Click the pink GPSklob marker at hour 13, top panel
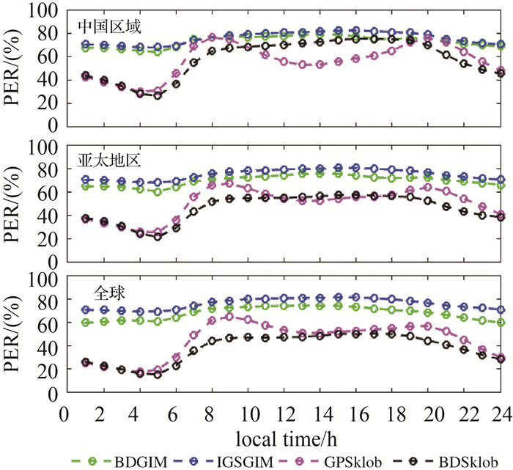coord(302,65)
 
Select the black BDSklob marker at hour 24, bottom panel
coord(501,359)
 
